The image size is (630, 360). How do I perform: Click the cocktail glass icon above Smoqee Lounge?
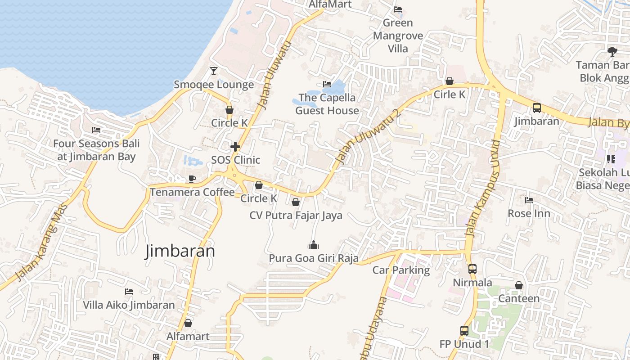click(213, 71)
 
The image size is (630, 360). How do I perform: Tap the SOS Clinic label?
click(235, 160)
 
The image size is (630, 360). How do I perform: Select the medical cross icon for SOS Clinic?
click(235, 147)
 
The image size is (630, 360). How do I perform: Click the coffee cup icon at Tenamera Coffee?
click(192, 179)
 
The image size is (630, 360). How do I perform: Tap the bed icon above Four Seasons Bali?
click(96, 130)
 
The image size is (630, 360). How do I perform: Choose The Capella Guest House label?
click(327, 104)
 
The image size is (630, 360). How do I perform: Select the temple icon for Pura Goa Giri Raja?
click(313, 245)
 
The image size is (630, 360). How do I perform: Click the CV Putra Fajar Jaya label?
click(296, 216)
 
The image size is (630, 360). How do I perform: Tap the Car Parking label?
click(401, 270)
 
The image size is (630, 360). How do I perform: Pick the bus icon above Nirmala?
click(472, 269)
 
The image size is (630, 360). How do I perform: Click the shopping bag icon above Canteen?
click(519, 285)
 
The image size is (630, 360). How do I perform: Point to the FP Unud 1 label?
click(464, 344)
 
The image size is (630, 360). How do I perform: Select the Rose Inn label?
click(529, 213)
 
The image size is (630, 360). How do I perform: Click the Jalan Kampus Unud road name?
click(483, 189)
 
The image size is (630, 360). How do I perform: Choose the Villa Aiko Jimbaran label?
click(129, 305)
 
